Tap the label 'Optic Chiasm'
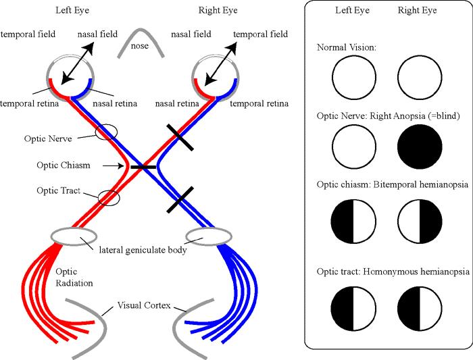coord(64,165)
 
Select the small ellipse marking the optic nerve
coord(106,132)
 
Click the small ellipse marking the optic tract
coord(109,198)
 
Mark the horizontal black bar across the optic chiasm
coord(143,166)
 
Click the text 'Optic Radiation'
coord(74,278)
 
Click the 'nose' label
coord(141,47)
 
